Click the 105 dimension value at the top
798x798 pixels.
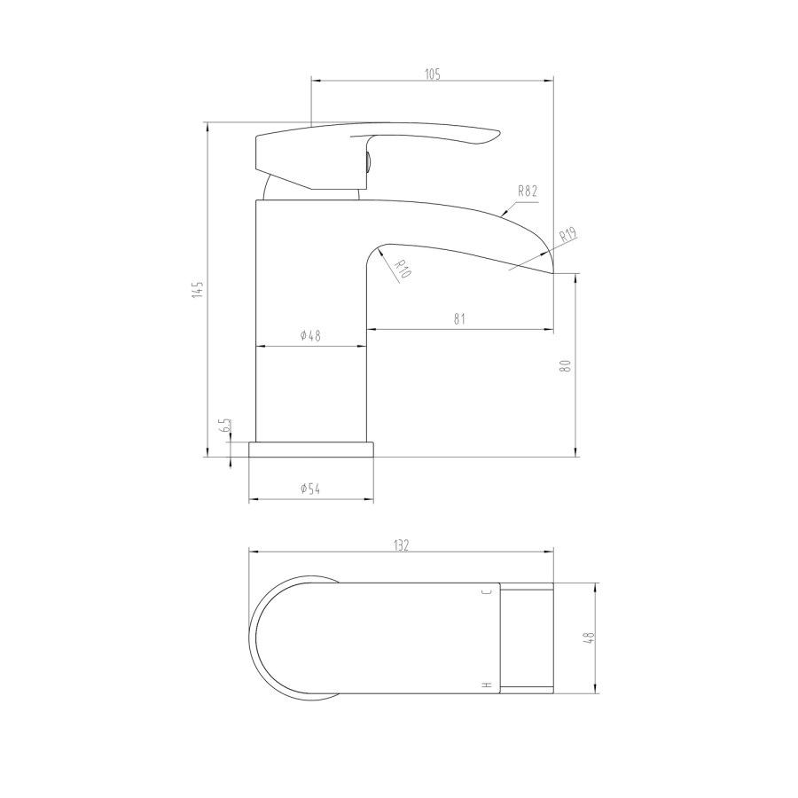432,74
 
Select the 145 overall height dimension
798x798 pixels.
199,289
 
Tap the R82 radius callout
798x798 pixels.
528,191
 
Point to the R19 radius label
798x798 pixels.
567,236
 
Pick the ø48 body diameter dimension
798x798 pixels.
310,335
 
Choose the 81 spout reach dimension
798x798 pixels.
459,319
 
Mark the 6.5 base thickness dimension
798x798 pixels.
226,426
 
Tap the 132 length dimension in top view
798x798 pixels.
401,545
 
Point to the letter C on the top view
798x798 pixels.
485,591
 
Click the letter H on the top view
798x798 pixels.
485,685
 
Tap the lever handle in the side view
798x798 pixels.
372,142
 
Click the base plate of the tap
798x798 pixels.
310,450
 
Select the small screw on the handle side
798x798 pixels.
366,161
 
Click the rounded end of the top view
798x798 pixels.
257,638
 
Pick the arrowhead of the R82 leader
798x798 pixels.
503,214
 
